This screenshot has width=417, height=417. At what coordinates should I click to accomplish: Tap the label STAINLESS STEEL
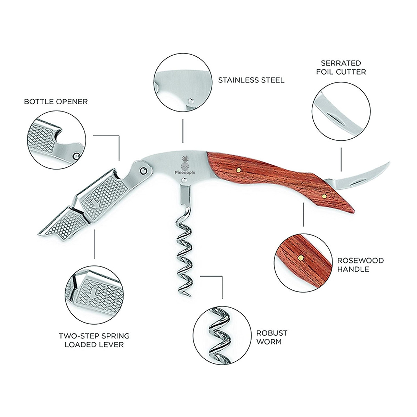[251, 80]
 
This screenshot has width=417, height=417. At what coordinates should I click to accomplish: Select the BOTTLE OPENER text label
[56, 101]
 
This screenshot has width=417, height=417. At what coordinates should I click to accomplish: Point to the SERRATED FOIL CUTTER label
[343, 68]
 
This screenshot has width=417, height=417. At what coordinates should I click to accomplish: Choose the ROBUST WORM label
[272, 337]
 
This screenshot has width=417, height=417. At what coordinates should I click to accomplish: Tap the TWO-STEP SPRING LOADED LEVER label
[94, 340]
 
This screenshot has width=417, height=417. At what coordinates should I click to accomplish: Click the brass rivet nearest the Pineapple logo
[238, 170]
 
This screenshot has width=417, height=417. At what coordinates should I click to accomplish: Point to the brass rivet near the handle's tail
[324, 196]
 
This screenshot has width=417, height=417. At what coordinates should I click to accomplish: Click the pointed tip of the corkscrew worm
[190, 296]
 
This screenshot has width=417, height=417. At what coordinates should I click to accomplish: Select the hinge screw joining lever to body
[143, 170]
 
